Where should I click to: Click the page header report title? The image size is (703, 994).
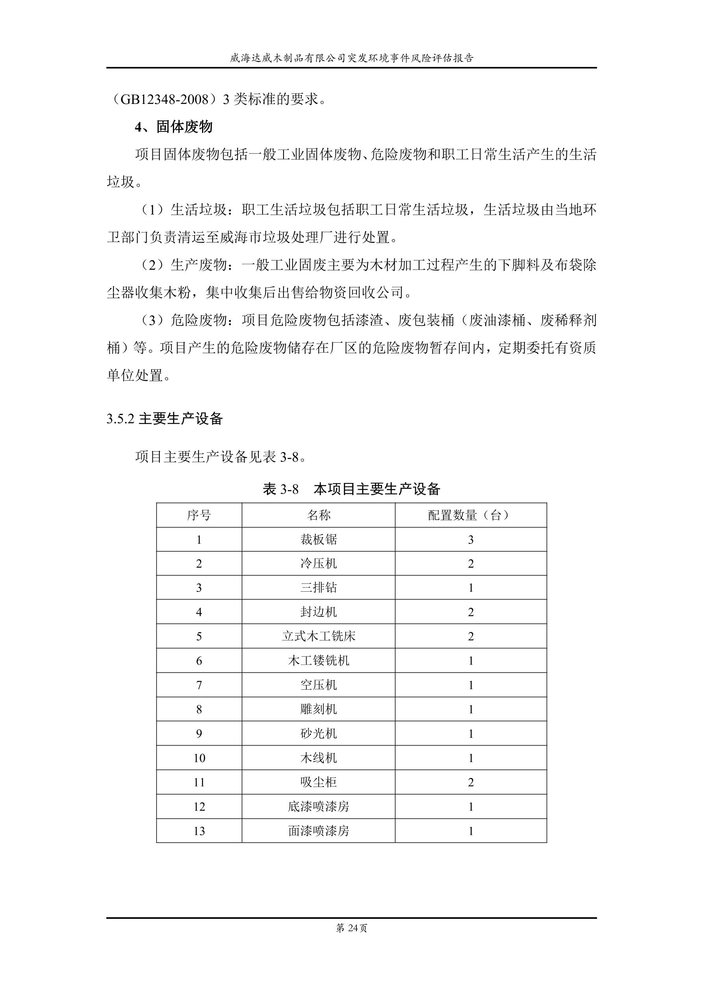point(351,58)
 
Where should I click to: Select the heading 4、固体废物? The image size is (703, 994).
point(173,127)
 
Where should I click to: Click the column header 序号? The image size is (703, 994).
point(199,515)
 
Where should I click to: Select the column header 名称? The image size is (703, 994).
point(318,515)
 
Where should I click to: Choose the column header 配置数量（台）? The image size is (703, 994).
point(471,515)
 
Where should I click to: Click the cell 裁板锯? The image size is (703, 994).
point(318,539)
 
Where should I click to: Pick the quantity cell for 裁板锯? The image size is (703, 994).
point(471,539)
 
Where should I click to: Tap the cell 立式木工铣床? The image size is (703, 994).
point(318,637)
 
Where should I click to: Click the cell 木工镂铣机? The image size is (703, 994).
point(318,661)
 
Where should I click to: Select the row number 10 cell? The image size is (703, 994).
point(199,758)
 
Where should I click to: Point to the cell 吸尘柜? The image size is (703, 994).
point(318,782)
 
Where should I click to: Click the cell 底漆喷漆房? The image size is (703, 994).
point(318,807)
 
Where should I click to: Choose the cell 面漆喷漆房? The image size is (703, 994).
point(318,831)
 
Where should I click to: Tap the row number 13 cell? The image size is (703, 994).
point(199,831)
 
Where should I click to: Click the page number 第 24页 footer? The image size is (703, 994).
point(351,928)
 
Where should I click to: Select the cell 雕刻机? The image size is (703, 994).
point(318,709)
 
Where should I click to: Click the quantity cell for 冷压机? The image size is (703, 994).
point(471,564)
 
